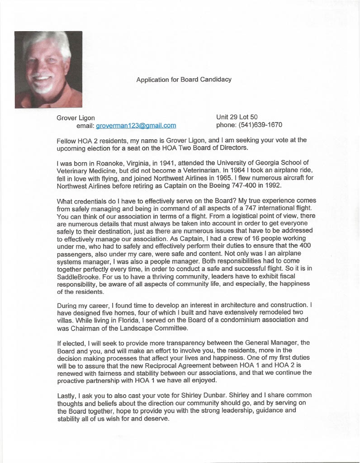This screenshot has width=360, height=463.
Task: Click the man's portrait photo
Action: pos(48,69)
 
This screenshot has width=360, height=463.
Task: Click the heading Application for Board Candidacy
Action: pos(184,80)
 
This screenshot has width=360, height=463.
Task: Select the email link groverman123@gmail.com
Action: pos(136,126)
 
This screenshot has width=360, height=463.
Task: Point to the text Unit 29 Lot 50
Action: pos(237,118)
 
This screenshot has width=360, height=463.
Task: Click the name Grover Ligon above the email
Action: pos(76,118)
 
